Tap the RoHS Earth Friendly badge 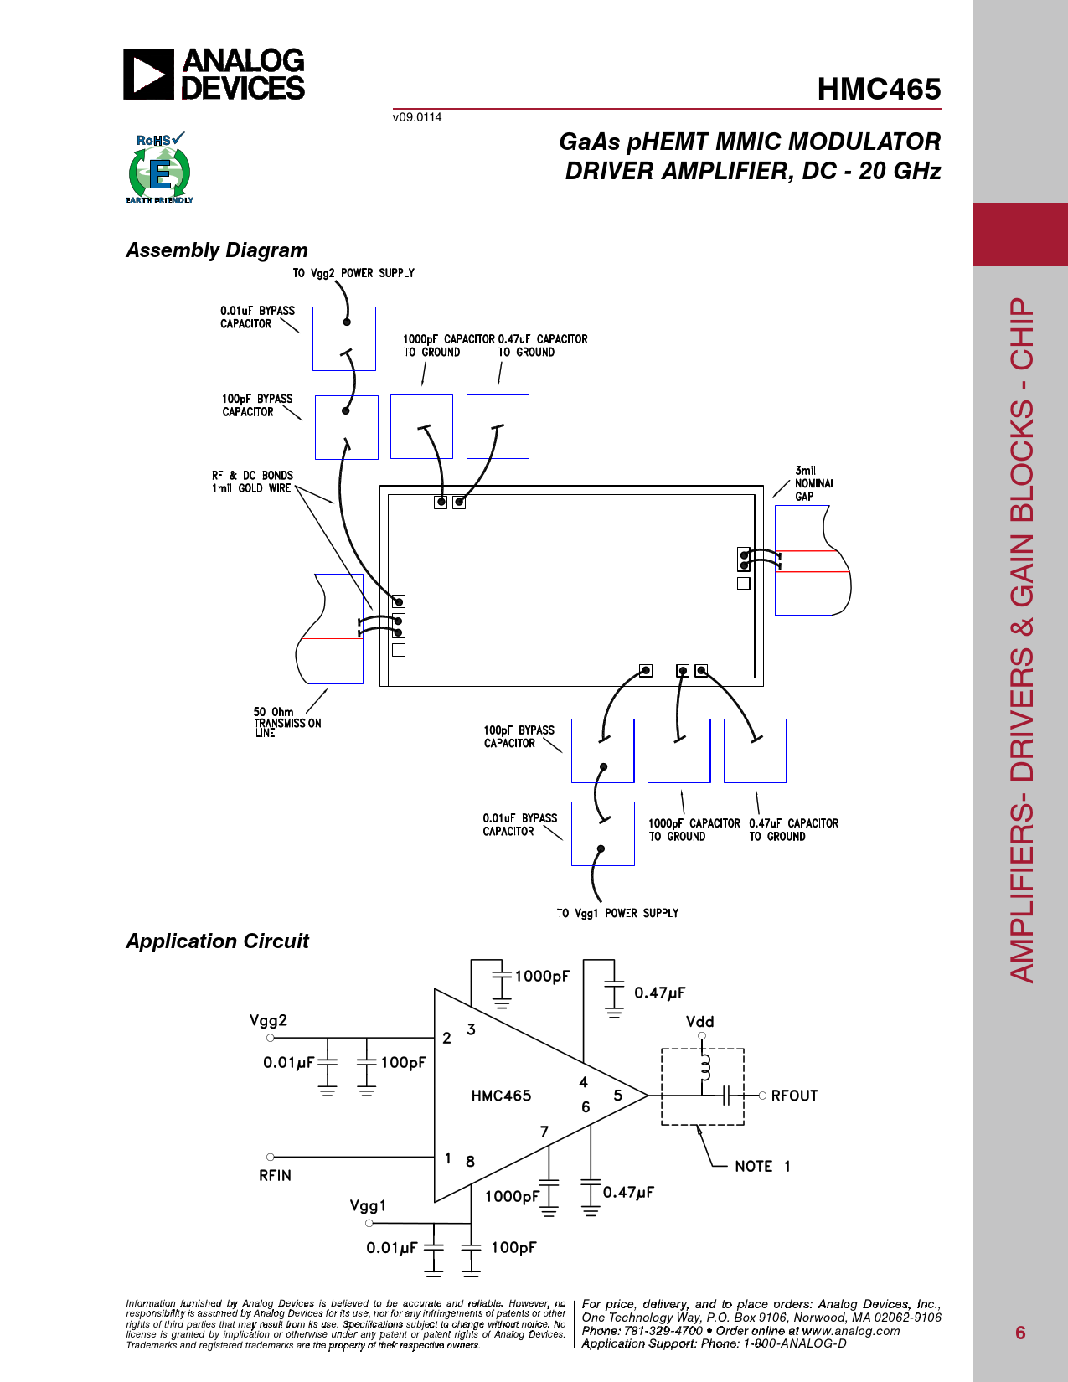point(159,168)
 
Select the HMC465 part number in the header point(879,90)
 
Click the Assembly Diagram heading point(217,250)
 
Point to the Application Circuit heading point(217,941)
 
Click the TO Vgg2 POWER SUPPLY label point(353,273)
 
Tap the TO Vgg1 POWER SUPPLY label point(617,913)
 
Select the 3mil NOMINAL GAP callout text point(814,483)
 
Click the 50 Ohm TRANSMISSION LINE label point(286,722)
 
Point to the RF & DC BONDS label point(252,482)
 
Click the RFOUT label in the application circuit point(794,1096)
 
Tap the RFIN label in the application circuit point(275,1176)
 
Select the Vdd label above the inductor point(699,1022)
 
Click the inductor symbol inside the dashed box point(704,1068)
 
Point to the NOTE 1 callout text point(762,1166)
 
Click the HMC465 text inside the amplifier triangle point(501,1096)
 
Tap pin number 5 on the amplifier point(618,1096)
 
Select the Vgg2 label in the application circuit point(268,1020)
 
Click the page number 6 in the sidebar point(1020,1333)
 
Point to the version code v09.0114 point(417,117)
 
